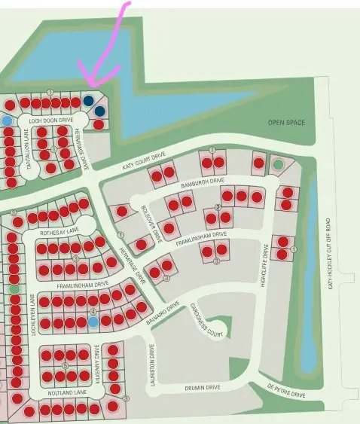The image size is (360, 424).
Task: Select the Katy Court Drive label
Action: [145, 160]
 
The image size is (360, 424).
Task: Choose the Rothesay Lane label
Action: [59, 232]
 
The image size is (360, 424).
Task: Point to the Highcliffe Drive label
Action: [265, 267]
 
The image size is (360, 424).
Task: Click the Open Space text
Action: [287, 122]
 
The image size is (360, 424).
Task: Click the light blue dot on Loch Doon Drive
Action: [8, 120]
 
